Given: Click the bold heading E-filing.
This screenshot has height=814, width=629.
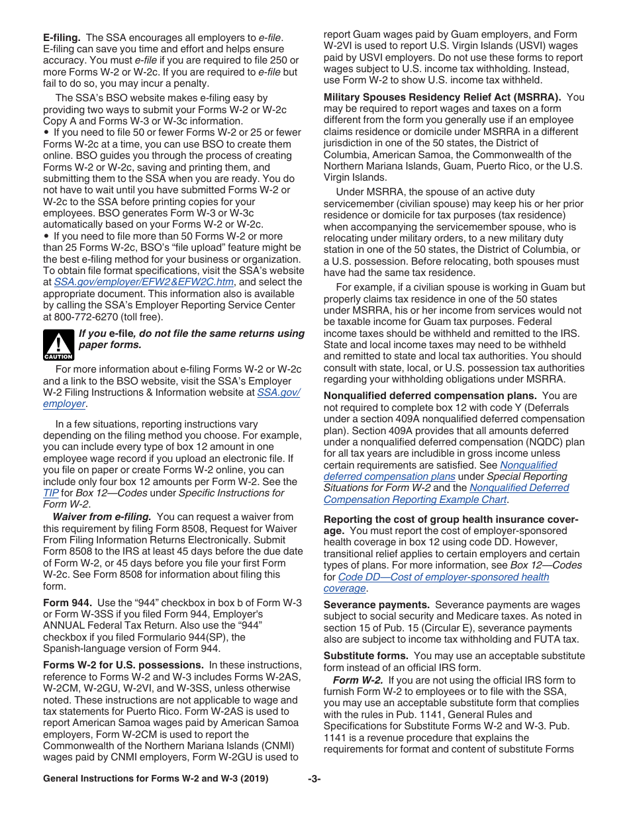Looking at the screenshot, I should point(62,37).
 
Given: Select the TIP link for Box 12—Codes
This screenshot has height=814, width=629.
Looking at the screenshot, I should point(51,493).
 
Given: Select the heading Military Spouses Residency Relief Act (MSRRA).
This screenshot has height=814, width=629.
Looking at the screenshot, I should point(442,97).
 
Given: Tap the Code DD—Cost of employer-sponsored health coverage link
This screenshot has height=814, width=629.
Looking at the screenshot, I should point(443,576).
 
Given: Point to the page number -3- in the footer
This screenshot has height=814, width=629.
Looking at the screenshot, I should point(314,779).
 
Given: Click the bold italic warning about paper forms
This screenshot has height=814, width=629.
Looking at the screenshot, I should point(191,339).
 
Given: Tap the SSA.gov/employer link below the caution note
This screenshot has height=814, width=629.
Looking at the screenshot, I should point(278,392).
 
